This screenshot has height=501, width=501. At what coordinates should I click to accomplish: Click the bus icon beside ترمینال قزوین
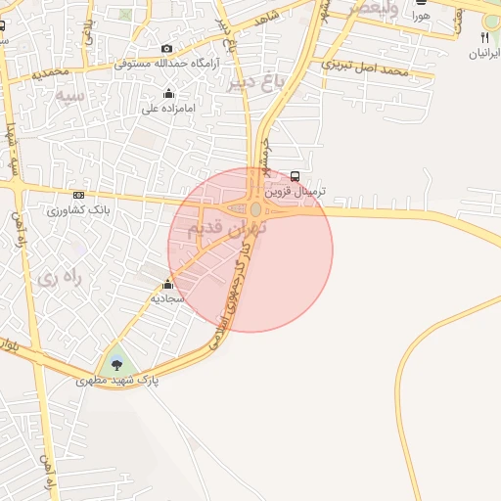point(296,176)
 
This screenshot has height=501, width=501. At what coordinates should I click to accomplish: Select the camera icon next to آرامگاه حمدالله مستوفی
point(167,49)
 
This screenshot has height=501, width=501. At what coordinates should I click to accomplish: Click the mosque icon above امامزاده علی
point(170,94)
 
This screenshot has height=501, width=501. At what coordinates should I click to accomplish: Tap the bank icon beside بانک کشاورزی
point(78,196)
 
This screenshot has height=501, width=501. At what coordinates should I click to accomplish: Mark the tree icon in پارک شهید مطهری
point(118,365)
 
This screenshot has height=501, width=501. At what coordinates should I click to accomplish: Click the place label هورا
point(421,17)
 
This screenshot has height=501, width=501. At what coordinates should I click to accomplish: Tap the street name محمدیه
point(51,72)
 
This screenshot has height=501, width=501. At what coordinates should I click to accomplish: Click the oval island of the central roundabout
point(255,209)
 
